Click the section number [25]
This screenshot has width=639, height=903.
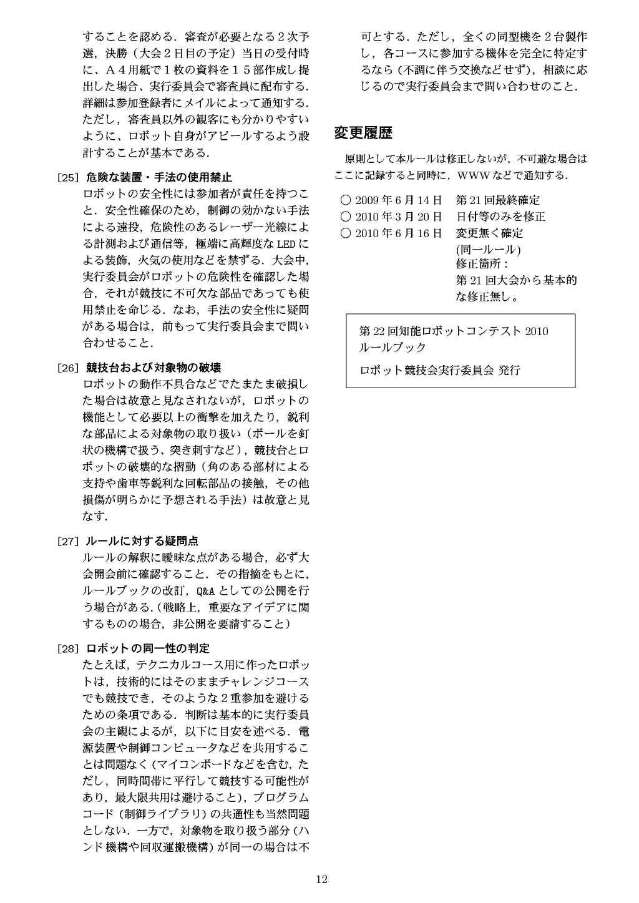tap(67, 177)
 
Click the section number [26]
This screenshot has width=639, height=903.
tap(67, 368)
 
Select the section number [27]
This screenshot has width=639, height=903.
tap(67, 541)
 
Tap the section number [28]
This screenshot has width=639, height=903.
tap(67, 648)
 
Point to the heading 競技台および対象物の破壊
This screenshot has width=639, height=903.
tap(154, 368)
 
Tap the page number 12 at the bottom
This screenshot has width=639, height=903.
tap(321, 880)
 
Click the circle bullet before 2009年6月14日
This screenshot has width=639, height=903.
tap(346, 200)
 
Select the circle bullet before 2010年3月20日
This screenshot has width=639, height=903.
tap(346, 217)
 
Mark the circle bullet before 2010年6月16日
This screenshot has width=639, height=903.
tap(346, 233)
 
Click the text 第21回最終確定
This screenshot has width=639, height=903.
tap(498, 200)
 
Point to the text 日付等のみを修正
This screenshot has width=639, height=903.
tap(500, 217)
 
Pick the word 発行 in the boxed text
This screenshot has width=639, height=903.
tap(509, 370)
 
